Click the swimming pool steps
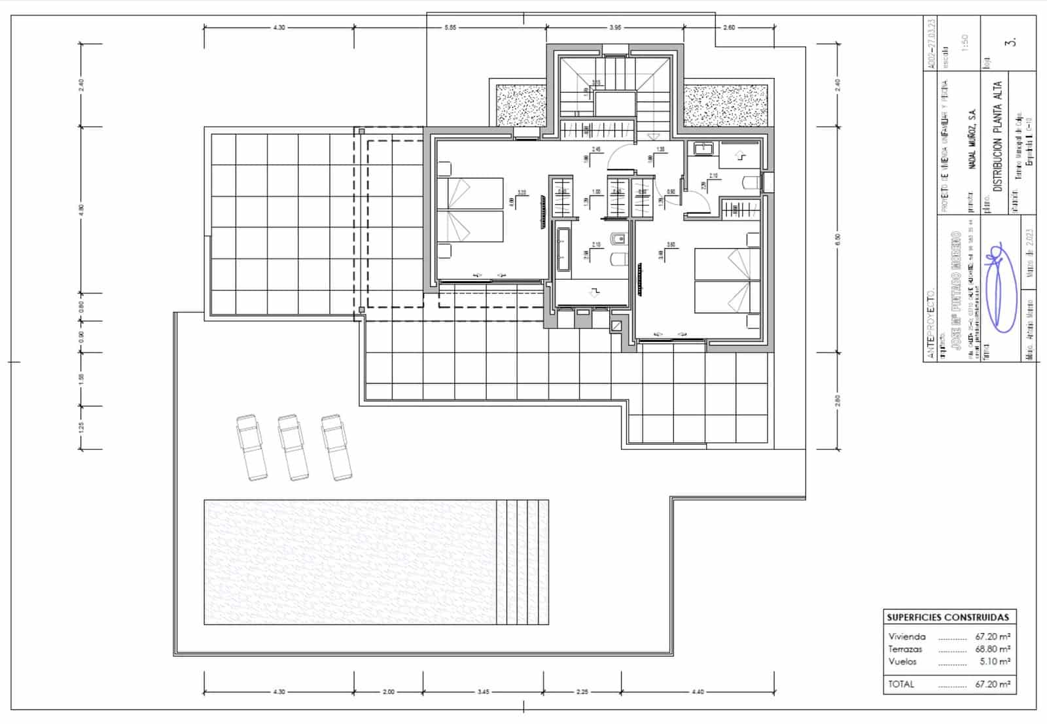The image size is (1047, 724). [522, 561]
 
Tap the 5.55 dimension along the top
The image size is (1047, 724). [450, 27]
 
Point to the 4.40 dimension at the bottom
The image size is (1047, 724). [698, 691]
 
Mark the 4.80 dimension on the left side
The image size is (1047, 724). [81, 209]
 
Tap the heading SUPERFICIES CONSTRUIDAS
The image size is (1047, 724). [948, 617]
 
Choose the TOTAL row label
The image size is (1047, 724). [901, 684]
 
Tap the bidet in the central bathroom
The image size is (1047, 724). [618, 239]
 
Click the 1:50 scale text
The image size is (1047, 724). [964, 43]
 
